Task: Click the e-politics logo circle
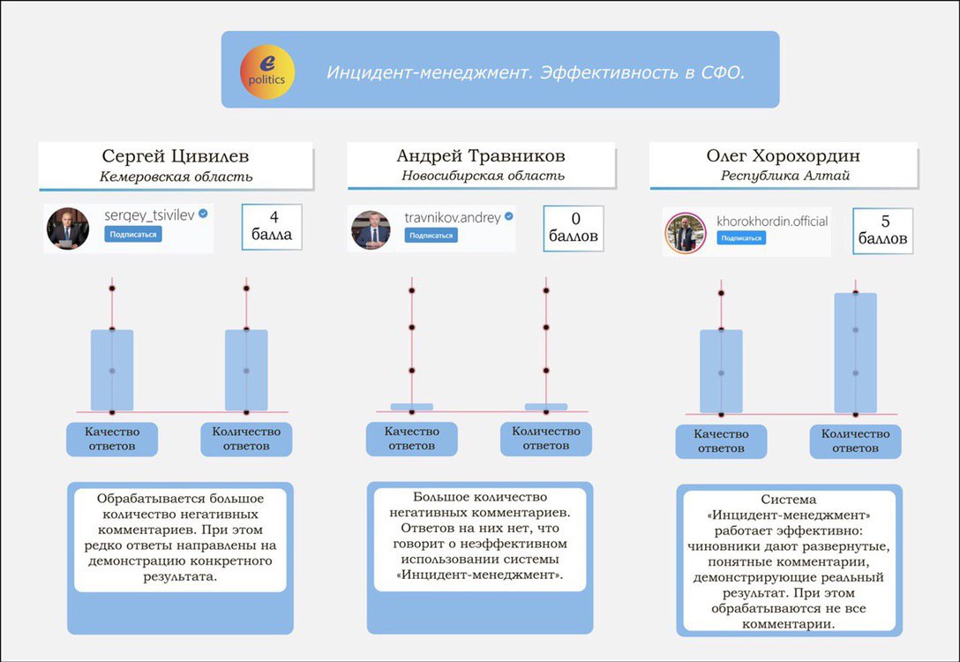[267, 71]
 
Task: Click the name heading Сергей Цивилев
[175, 156]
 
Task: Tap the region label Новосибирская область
[483, 176]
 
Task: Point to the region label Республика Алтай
[785, 176]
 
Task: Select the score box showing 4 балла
[273, 227]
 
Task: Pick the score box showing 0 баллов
[574, 228]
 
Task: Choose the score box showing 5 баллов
[883, 231]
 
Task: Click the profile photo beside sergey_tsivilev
[67, 229]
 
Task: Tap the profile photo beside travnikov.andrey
[371, 229]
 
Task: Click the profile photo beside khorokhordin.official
[686, 233]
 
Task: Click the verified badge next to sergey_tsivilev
[203, 214]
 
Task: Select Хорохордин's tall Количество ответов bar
[855, 353]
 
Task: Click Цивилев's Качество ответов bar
[112, 370]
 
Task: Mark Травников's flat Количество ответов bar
[546, 407]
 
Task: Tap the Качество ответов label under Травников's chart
[411, 439]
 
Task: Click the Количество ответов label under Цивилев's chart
[246, 439]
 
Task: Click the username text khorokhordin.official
[772, 221]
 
